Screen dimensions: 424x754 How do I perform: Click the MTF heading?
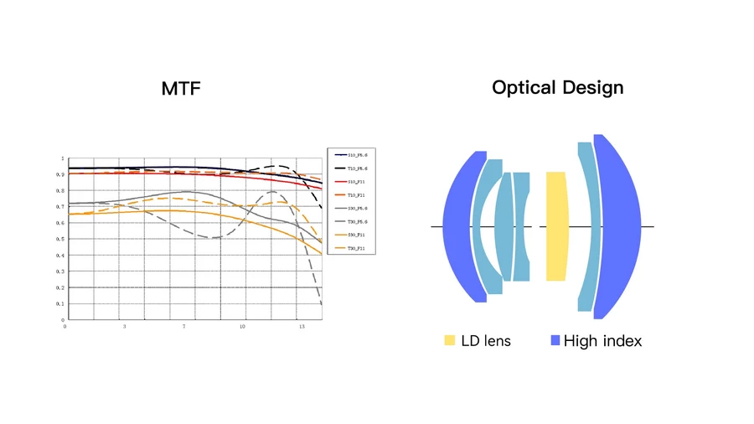tap(181, 88)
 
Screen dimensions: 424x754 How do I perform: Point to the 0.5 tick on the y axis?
tap(61, 239)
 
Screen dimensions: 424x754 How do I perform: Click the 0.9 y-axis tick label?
tap(61, 174)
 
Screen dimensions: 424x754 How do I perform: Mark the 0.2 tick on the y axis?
tap(61, 287)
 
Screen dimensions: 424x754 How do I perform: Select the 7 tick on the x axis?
tap(184, 326)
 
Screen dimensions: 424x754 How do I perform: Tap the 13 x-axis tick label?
tap(302, 326)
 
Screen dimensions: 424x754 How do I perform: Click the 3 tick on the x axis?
tap(124, 326)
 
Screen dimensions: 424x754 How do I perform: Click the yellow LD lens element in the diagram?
tap(555, 226)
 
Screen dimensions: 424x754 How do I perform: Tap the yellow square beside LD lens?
tap(450, 340)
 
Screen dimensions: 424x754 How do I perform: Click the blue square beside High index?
tap(555, 340)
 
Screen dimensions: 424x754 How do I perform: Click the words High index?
tap(602, 341)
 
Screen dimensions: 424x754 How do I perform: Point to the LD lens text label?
tap(485, 341)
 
